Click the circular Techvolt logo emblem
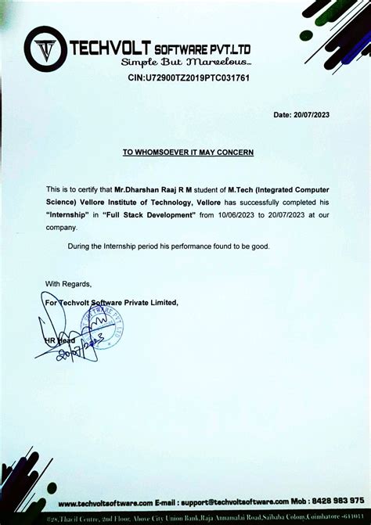click(x=45, y=49)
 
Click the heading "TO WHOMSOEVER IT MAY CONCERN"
click(x=188, y=152)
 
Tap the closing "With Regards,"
click(x=68, y=283)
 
